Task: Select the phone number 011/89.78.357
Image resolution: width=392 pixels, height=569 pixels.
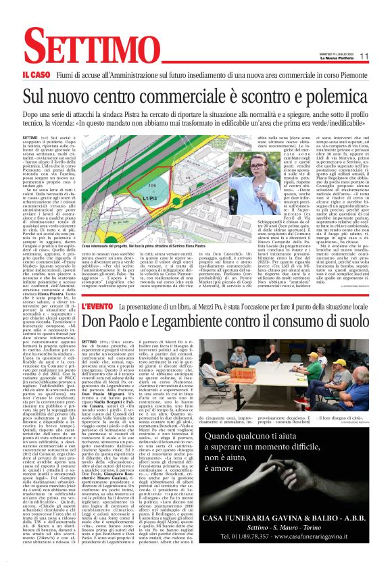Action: (264, 536)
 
